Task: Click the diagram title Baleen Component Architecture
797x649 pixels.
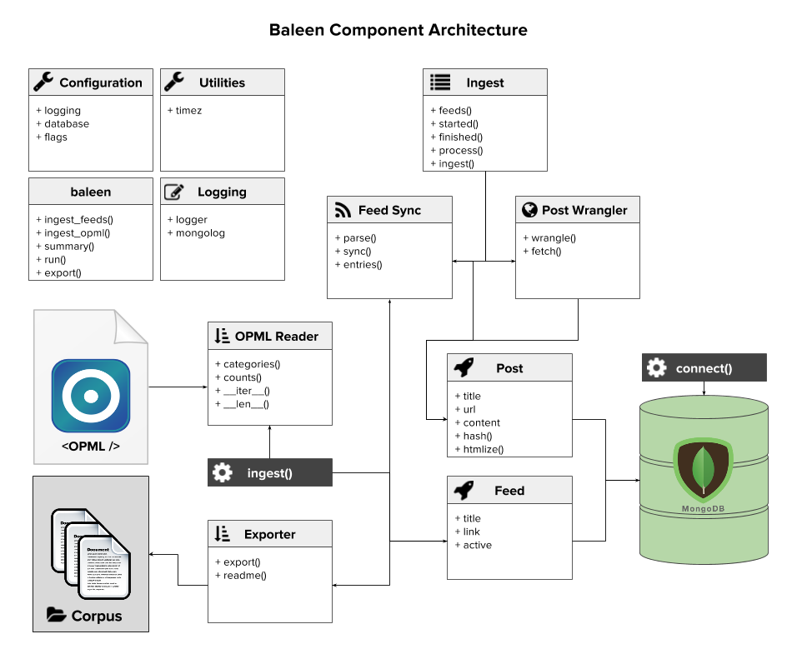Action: click(x=398, y=31)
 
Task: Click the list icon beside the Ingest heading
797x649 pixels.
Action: click(x=440, y=82)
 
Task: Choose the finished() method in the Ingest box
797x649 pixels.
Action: click(x=457, y=137)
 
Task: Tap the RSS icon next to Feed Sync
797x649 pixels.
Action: click(x=343, y=210)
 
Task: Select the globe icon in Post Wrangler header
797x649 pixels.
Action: click(x=529, y=210)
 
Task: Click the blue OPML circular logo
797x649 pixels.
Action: click(x=91, y=395)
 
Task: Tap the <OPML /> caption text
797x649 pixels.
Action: click(x=90, y=446)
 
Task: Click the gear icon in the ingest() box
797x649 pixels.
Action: click(x=223, y=473)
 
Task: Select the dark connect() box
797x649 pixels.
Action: click(x=704, y=367)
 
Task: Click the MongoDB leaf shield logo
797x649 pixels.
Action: click(x=702, y=470)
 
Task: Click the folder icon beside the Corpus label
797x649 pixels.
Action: click(x=56, y=616)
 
